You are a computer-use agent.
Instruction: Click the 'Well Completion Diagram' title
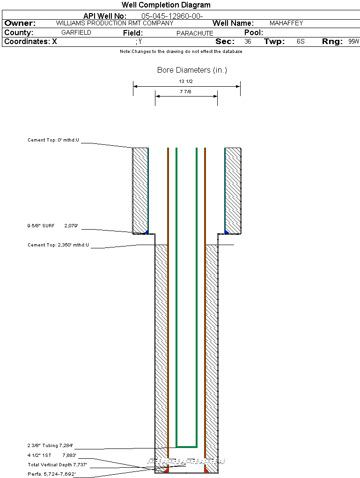tap(166, 5)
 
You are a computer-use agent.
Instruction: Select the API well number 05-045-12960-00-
tap(172, 16)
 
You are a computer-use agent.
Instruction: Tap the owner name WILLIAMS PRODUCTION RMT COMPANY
tap(115, 23)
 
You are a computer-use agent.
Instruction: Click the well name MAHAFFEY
tap(287, 23)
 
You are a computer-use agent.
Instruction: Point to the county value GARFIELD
tap(76, 33)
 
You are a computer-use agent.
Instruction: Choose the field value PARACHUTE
tap(195, 33)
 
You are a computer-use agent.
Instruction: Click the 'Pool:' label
tap(254, 33)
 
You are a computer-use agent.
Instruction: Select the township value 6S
tap(301, 41)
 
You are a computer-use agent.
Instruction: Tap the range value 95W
tap(353, 41)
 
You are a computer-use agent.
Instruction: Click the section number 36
tap(248, 41)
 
